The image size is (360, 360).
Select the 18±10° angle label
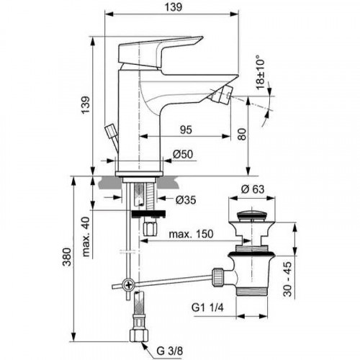pyautogui.click(x=259, y=72)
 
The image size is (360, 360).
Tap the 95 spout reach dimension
pyautogui.click(x=186, y=130)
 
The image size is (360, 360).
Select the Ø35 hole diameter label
pyautogui.click(x=183, y=199)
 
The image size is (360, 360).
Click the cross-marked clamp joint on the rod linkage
pyautogui.click(x=128, y=284)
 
